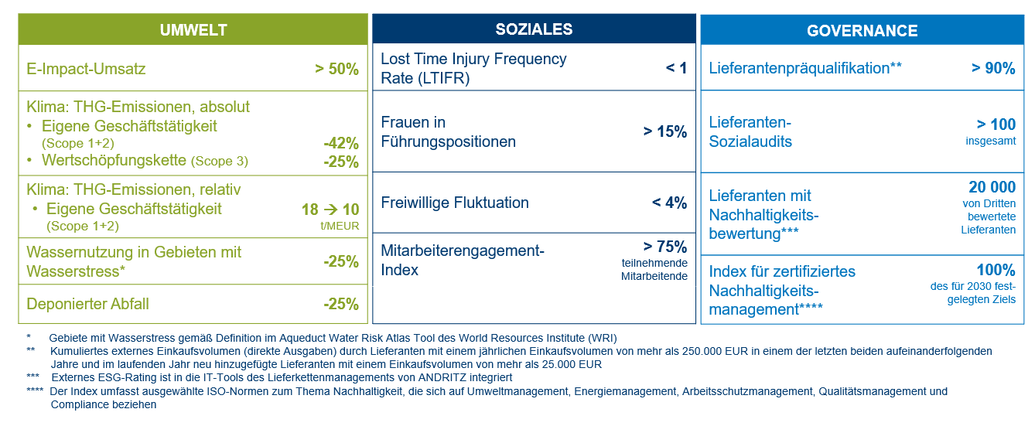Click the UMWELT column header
(193, 30)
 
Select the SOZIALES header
(534, 29)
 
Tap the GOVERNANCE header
(862, 31)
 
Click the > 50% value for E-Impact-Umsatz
(336, 69)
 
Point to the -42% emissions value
(341, 143)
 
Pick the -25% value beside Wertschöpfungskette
(341, 162)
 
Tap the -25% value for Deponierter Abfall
(341, 304)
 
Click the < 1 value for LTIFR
(676, 68)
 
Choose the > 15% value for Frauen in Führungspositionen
(664, 131)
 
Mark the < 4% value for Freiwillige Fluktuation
(669, 203)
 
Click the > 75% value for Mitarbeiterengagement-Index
(664, 247)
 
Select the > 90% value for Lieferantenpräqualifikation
(993, 68)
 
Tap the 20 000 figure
(992, 187)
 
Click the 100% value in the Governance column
(996, 270)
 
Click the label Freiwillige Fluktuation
(455, 203)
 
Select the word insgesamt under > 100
(991, 141)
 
